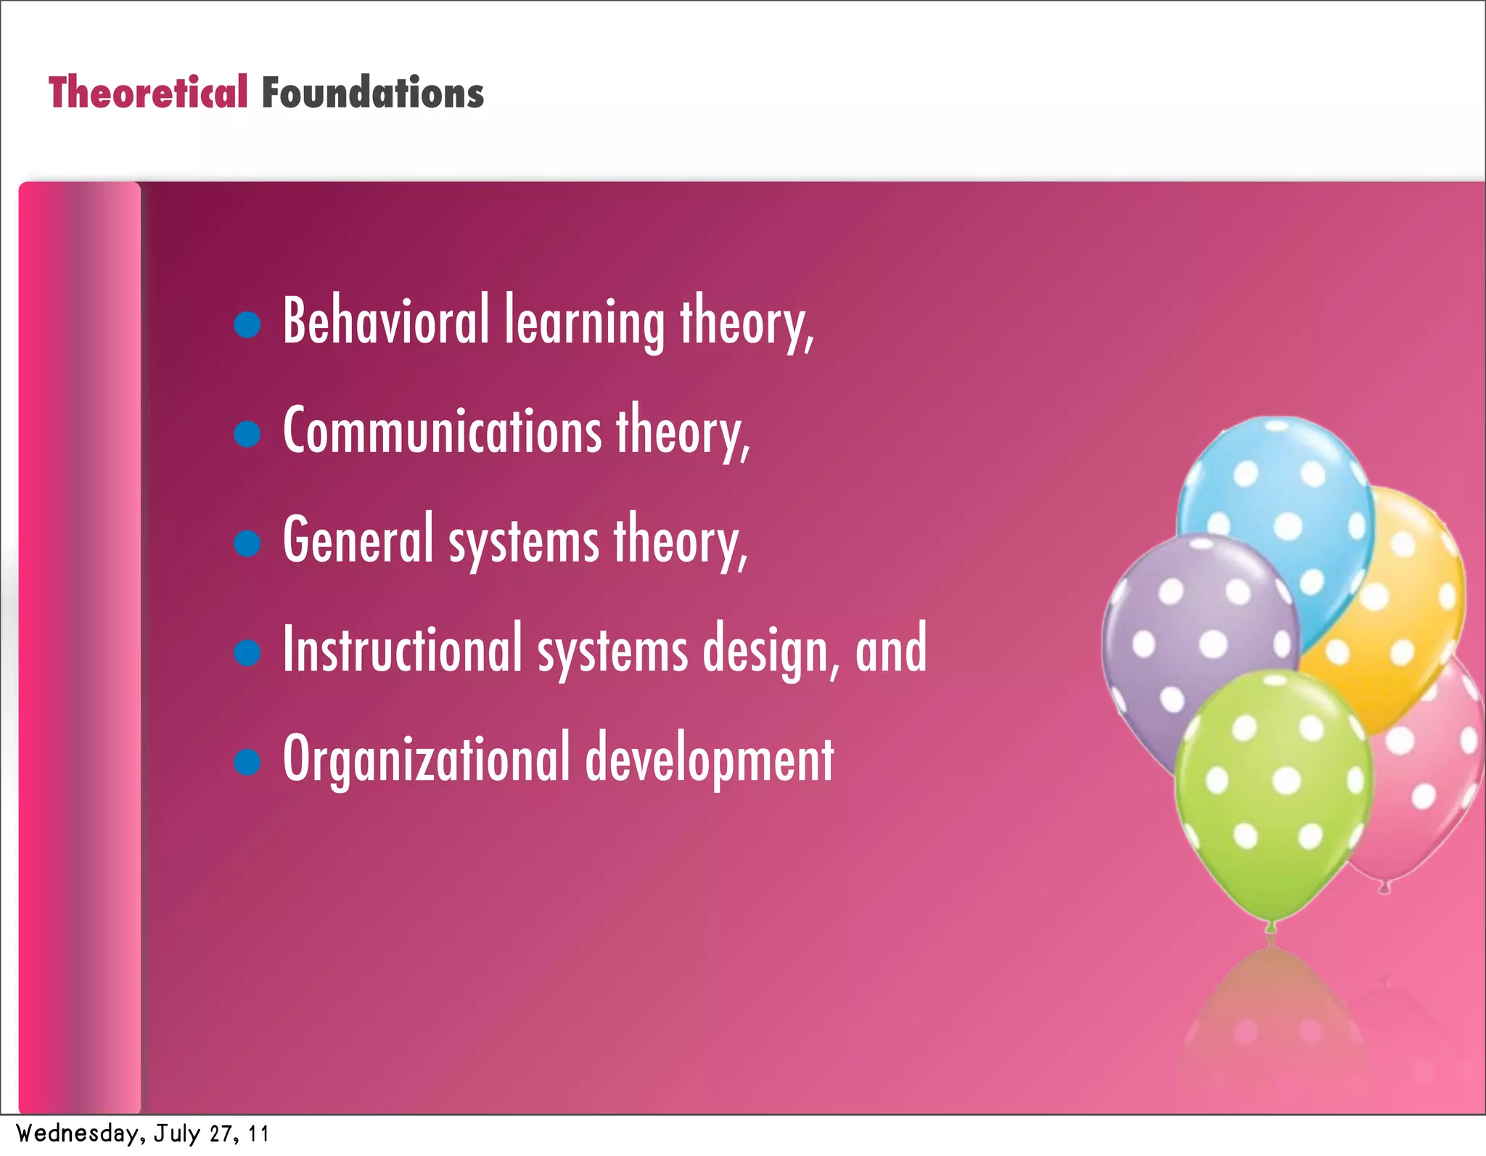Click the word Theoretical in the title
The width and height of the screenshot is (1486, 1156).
[x=148, y=93]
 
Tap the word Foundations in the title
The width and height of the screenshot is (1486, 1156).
[x=372, y=93]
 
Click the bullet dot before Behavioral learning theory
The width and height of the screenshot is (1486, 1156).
[x=247, y=324]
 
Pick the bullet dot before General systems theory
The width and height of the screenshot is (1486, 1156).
[x=247, y=543]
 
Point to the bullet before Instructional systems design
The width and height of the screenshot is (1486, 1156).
[x=247, y=652]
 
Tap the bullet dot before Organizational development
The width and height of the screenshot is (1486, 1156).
[x=247, y=761]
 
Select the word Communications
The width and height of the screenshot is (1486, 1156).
[x=442, y=430]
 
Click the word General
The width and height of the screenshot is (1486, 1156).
[x=358, y=539]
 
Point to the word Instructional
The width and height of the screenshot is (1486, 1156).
[x=402, y=648]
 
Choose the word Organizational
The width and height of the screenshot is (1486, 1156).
[x=427, y=759]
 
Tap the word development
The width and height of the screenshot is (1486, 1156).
[x=710, y=759]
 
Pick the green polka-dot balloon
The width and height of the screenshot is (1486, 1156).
[x=1273, y=791]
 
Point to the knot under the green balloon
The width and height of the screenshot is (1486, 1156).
[x=1271, y=927]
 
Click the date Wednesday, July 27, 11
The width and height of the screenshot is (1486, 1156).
[x=142, y=1134]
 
